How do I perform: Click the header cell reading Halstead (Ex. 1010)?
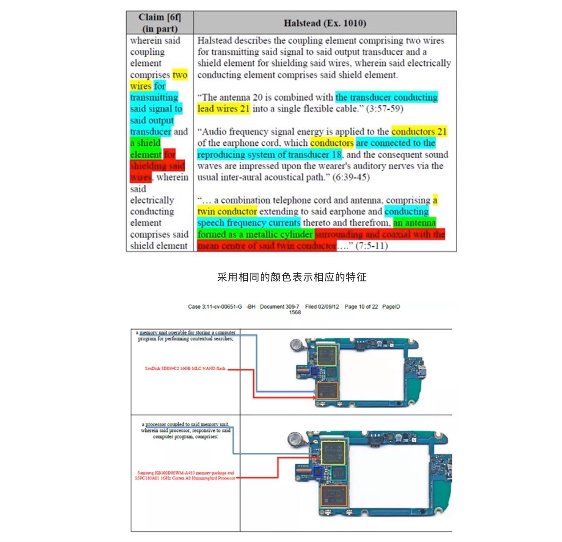coord(325,23)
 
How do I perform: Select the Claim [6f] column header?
coord(160,23)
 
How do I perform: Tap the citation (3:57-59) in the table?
coord(384,109)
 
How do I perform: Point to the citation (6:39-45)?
coord(351,177)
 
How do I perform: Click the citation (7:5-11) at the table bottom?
coord(371,246)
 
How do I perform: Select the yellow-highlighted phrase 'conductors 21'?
coord(419,132)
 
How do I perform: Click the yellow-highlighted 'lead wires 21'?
coord(224,109)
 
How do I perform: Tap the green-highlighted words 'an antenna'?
coord(415,223)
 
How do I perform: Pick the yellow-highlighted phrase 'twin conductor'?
coord(227,212)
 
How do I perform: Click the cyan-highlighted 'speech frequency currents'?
coord(249,223)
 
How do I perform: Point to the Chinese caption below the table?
coord(292,277)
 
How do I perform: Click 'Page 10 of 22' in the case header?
coord(361,307)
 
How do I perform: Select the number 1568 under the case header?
coord(295,312)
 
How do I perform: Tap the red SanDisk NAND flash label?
coord(185,369)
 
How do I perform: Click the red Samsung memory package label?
coord(185,475)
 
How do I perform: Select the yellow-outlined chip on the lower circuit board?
coord(333,452)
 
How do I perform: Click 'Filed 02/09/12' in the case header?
coord(322,307)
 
